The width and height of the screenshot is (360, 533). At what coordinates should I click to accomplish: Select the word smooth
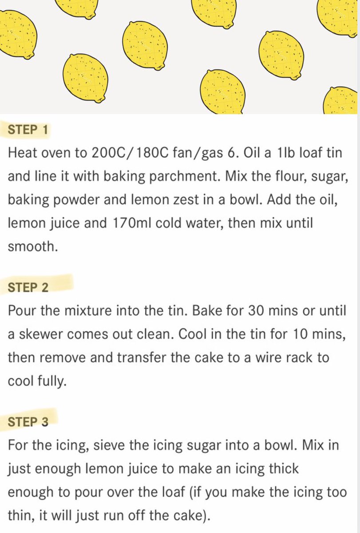(33, 246)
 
